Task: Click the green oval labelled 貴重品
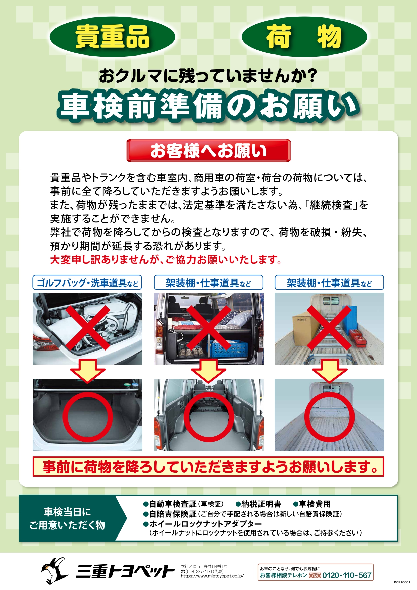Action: pyautogui.click(x=112, y=37)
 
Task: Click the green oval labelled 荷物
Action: pyautogui.click(x=304, y=37)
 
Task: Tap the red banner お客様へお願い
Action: pyautogui.click(x=208, y=150)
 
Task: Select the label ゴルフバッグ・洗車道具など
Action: pyautogui.click(x=87, y=283)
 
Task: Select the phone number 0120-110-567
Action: pyautogui.click(x=347, y=575)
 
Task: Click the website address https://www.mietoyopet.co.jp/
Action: pyautogui.click(x=212, y=576)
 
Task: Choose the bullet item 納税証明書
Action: pyautogui.click(x=258, y=504)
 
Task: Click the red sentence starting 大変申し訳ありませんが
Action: pyautogui.click(x=166, y=260)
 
